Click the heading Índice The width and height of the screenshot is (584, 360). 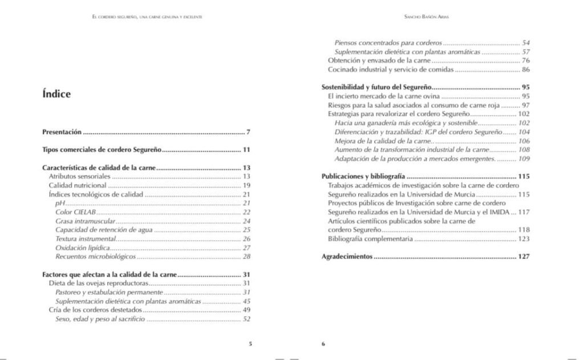click(x=56, y=94)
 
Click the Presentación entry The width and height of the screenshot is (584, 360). click(x=62, y=132)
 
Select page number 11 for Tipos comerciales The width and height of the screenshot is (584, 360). click(x=246, y=150)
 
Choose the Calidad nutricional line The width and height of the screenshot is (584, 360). click(x=78, y=185)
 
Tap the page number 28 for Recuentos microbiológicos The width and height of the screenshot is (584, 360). click(x=246, y=256)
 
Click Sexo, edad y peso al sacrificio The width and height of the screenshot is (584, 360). click(x=100, y=319)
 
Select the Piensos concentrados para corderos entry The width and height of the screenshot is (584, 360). click(x=388, y=43)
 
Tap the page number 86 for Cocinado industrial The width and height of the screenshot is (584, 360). click(x=525, y=70)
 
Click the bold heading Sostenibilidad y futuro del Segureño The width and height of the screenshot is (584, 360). click(x=375, y=87)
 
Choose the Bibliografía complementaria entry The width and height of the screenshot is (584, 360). click(x=370, y=238)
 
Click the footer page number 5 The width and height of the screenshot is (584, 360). click(x=250, y=343)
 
